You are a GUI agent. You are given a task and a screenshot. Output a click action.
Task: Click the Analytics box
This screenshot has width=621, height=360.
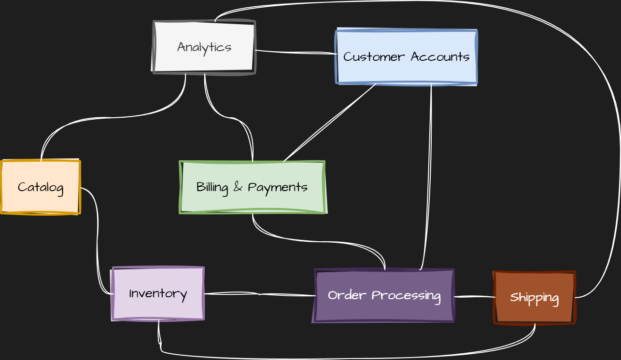click(204, 47)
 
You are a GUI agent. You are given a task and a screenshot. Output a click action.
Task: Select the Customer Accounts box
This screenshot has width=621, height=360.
click(406, 57)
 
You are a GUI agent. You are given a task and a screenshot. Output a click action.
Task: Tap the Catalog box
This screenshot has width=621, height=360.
click(41, 187)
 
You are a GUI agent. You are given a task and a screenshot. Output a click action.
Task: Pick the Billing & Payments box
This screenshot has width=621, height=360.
click(252, 187)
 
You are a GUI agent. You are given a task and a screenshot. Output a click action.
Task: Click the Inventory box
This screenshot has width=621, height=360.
click(158, 293)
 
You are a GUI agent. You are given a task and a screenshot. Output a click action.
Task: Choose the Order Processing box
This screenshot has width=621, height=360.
click(384, 295)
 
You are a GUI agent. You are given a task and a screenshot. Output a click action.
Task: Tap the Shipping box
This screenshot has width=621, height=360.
click(534, 298)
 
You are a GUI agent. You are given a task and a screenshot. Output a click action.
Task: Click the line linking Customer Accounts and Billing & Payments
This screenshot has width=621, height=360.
click(330, 123)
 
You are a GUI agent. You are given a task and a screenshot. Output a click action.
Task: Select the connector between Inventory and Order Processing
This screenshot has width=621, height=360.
click(261, 293)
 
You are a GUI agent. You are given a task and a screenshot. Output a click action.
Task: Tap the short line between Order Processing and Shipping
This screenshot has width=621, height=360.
click(474, 296)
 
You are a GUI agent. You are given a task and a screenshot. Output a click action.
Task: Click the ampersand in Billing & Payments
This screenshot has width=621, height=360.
click(238, 187)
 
